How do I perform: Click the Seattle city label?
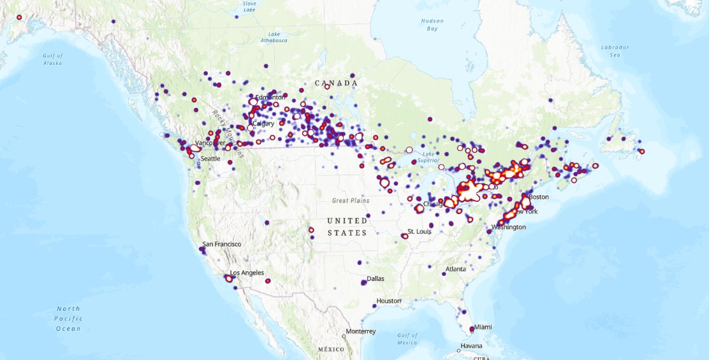tap(210, 159)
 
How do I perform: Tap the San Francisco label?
tap(222, 244)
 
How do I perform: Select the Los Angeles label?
tap(247, 273)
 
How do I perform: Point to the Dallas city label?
tap(376, 279)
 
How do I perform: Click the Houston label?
tap(388, 301)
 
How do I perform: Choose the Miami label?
tap(483, 327)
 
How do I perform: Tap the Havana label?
tap(471, 346)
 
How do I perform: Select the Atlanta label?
tap(455, 269)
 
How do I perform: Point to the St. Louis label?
tap(420, 231)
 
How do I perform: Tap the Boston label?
tap(538, 197)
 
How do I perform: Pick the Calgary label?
tap(263, 124)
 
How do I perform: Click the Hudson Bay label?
tap(432, 25)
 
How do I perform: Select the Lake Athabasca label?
tap(274, 37)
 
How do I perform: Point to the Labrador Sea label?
tap(615, 51)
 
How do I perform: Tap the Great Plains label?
tap(351, 200)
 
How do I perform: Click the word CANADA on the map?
tap(336, 83)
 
